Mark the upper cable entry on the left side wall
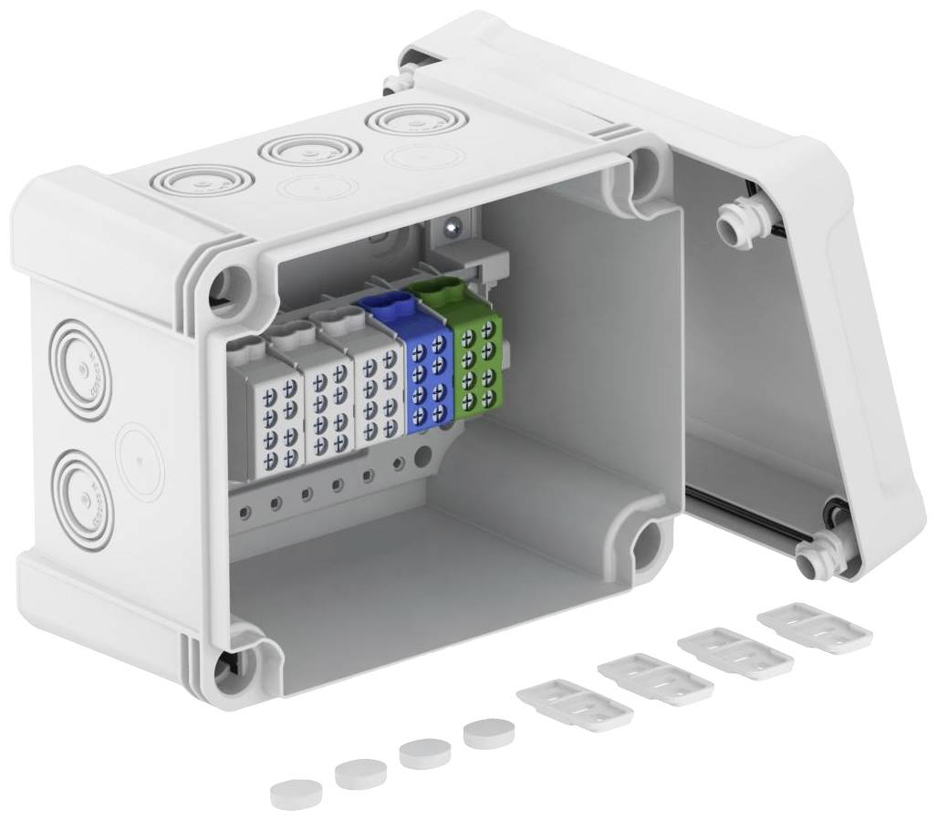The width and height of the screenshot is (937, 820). tap(83, 369)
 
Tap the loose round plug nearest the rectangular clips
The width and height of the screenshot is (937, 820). tap(487, 732)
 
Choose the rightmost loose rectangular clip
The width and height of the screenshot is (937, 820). tap(814, 626)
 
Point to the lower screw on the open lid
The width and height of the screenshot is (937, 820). tap(814, 557)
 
